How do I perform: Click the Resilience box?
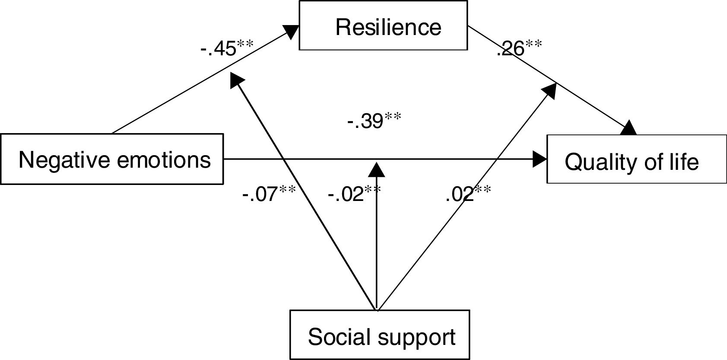pos(383,25)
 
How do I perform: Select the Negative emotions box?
pos(112,159)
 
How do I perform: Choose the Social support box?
pos(379,335)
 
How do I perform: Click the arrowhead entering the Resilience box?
pos(292,31)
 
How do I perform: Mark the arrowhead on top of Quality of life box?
pos(629,128)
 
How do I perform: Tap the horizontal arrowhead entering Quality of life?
pos(540,159)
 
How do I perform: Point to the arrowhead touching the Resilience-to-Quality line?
pos(549,90)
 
